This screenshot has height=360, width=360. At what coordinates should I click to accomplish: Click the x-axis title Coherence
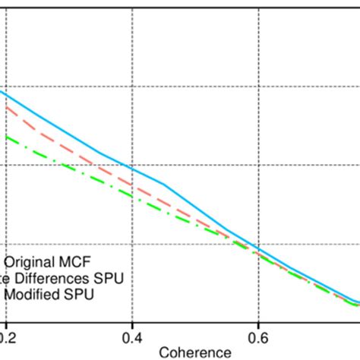(194, 352)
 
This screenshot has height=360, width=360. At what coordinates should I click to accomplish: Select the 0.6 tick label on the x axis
(258, 335)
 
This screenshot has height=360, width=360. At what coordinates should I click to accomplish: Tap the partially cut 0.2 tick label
(8, 335)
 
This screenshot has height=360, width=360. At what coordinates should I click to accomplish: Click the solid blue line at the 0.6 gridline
(258, 249)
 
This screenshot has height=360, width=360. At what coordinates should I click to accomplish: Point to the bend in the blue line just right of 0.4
(164, 185)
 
